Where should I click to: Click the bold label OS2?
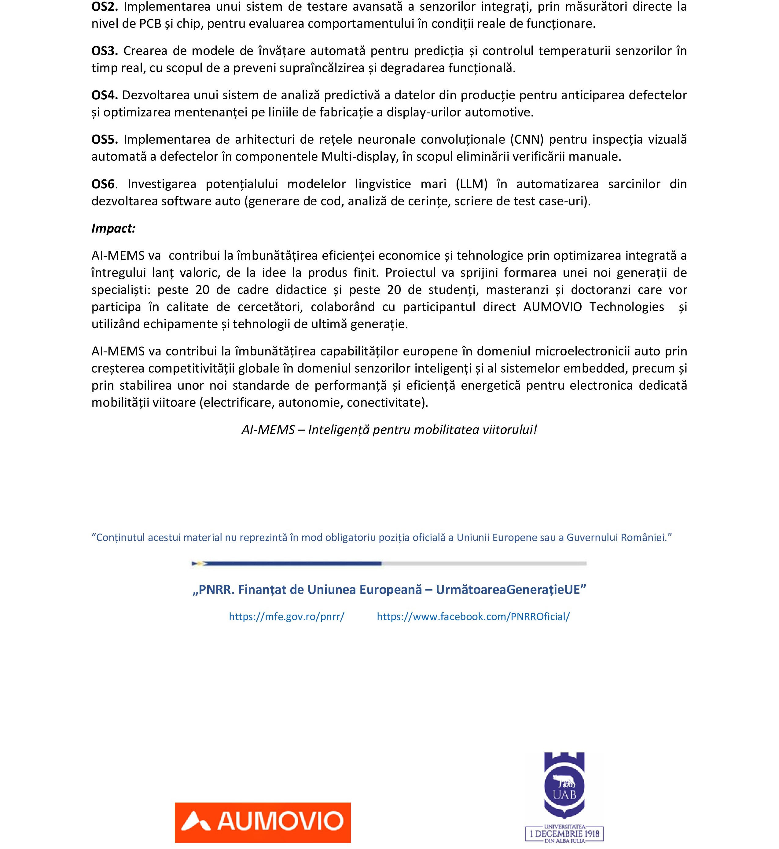pos(105,7)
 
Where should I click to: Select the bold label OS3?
pos(105,51)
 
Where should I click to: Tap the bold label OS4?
pos(104,95)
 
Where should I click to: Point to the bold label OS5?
pos(105,140)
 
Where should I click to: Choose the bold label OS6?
pos(103,184)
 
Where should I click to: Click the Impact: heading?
pos(113,229)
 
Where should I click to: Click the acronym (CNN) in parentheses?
pos(527,140)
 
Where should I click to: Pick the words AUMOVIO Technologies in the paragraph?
pos(593,307)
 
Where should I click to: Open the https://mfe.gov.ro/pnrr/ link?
pos(287,617)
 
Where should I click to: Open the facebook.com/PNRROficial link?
pos(473,617)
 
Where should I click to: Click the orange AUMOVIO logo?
pos(263,822)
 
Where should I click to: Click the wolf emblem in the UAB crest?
pos(564,784)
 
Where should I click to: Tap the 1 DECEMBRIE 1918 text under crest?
pos(564,833)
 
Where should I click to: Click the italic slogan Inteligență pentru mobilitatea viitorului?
pos(422,430)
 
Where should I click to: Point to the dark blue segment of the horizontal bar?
pos(291,563)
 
